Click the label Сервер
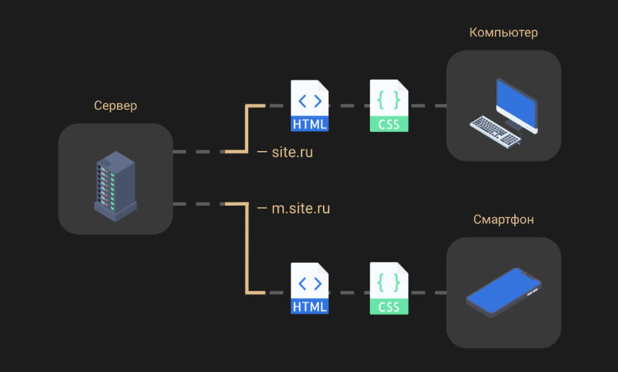click(x=116, y=105)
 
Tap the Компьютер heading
click(x=503, y=32)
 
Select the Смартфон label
click(x=503, y=219)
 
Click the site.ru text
click(x=292, y=152)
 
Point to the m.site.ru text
click(x=301, y=208)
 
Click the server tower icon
click(x=116, y=186)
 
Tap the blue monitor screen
click(x=517, y=104)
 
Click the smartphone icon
click(x=503, y=292)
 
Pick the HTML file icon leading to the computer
click(x=309, y=105)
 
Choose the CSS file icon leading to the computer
click(x=389, y=105)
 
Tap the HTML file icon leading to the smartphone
click(x=309, y=288)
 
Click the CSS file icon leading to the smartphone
click(x=389, y=288)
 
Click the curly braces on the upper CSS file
click(x=388, y=100)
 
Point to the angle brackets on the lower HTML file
click(x=310, y=283)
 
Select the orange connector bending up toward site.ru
click(x=246, y=128)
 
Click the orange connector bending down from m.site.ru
click(x=246, y=248)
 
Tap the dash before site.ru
click(x=262, y=152)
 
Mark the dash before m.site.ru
click(x=262, y=208)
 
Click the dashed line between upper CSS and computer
click(x=427, y=105)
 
